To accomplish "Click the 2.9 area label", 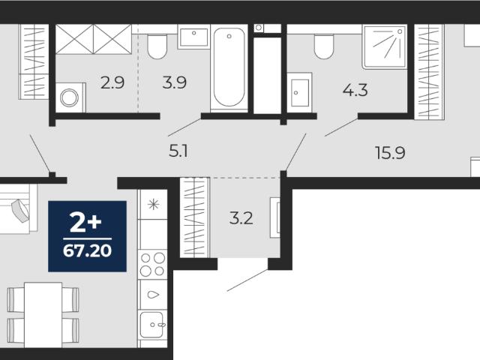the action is (112, 82).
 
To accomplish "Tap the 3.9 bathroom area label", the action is (174, 82).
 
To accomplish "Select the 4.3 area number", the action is (355, 91).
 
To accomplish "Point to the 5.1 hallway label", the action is (178, 151).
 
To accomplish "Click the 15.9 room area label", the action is (390, 153).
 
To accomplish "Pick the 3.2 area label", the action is (241, 218).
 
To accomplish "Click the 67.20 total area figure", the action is (87, 251).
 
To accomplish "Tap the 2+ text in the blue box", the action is (85, 223).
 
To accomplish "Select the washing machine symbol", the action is (70, 98).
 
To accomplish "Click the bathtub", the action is (229, 67).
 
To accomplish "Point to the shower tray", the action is (385, 46).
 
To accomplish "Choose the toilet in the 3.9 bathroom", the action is (157, 46).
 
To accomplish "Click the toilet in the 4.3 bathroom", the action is (324, 46).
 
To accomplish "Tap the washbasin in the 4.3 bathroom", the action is (299, 92).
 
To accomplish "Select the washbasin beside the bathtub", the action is (193, 37).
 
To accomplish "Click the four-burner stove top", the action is (152, 265).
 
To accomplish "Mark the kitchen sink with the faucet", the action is (152, 325).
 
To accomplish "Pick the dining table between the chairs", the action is (43, 315).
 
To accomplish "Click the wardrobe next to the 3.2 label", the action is (194, 217).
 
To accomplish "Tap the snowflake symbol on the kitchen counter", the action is (153, 204).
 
